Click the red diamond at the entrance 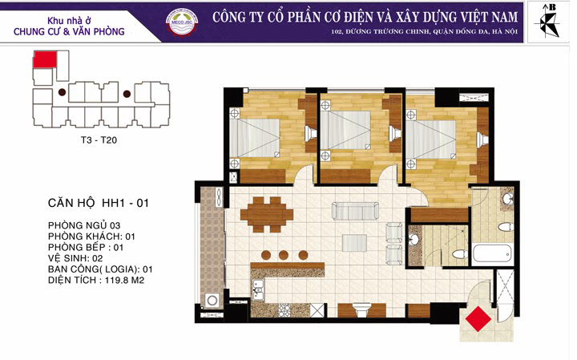[x=478, y=319]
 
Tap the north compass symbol [x=547, y=22]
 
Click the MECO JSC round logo [x=182, y=22]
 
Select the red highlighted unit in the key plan [x=45, y=59]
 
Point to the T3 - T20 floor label [x=99, y=140]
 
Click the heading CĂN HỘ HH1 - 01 [x=99, y=203]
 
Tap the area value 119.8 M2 [x=124, y=280]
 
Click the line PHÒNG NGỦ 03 [x=84, y=225]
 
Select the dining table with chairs [x=267, y=215]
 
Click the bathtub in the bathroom [x=492, y=253]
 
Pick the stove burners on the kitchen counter [x=284, y=310]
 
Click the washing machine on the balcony [x=212, y=301]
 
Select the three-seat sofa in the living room [x=355, y=211]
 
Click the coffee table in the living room [x=354, y=243]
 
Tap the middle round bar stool [x=284, y=255]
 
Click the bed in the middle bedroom [x=345, y=130]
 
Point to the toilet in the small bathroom [x=460, y=253]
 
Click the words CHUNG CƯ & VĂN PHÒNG [x=69, y=31]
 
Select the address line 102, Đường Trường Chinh [x=424, y=31]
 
